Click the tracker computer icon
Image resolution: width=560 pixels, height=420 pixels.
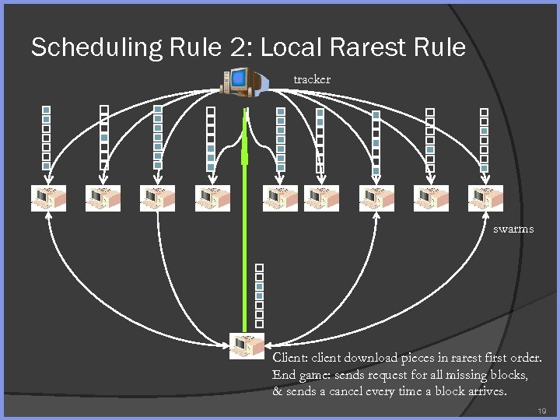tap(242, 81)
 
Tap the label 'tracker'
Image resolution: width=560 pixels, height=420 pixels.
tap(312, 79)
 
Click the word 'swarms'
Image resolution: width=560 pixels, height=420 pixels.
tap(513, 229)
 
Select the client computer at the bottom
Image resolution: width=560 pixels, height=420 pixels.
tap(247, 345)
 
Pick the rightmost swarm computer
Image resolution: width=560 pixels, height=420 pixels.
tap(485, 198)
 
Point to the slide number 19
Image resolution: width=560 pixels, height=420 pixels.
tap(542, 409)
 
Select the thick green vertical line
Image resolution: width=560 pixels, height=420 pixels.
tap(247, 233)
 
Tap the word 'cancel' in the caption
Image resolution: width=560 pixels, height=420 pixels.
tap(353, 391)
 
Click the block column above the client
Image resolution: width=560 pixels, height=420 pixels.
tap(260, 295)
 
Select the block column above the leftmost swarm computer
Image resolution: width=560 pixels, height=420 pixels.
tap(47, 138)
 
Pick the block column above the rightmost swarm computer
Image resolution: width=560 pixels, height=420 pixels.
tap(484, 138)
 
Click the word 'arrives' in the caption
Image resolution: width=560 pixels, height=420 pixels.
tap(485, 391)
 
